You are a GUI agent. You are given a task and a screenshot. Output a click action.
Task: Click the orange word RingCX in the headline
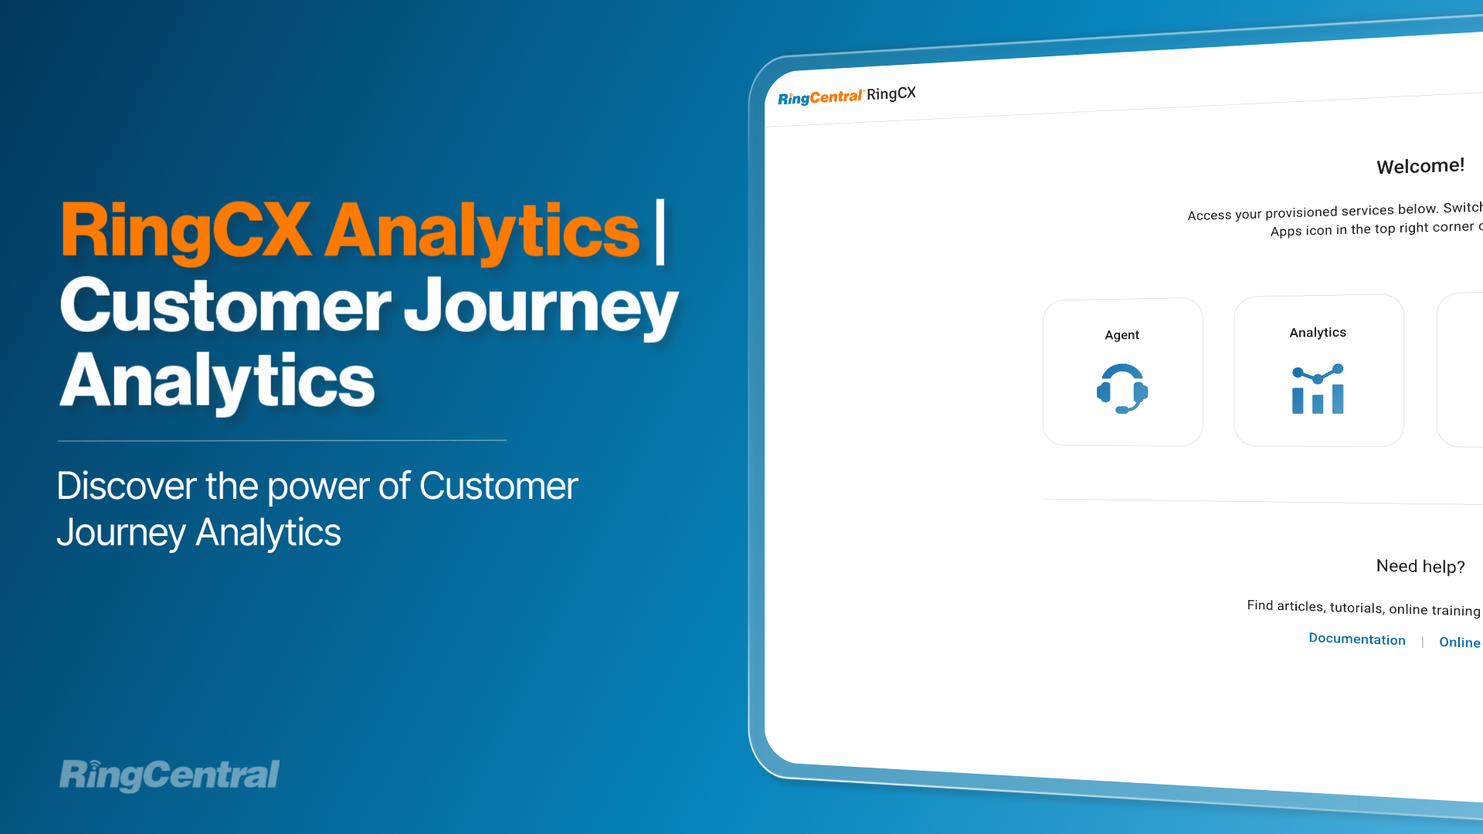[x=186, y=230]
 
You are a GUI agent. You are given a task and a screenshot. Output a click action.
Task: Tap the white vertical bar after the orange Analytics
[x=660, y=232]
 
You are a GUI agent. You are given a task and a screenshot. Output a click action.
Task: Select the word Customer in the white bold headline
[x=226, y=306]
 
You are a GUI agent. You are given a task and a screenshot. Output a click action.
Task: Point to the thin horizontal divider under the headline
[x=282, y=440]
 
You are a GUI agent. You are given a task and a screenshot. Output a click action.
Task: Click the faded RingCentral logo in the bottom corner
[x=169, y=775]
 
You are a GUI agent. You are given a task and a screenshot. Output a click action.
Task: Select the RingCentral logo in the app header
[x=820, y=97]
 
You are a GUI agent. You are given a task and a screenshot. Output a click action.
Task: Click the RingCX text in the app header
[x=891, y=93]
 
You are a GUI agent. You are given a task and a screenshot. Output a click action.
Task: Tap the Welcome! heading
[x=1420, y=166]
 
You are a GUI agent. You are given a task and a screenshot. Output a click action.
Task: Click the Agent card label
[x=1122, y=335]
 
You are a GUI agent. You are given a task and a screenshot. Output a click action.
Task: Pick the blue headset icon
[x=1122, y=388]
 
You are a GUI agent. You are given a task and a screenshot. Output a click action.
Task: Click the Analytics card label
[x=1318, y=333]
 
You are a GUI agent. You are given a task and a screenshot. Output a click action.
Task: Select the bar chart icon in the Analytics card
[x=1318, y=389]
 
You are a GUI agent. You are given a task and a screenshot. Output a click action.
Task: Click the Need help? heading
[x=1420, y=566]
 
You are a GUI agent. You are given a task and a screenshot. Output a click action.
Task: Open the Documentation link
[x=1357, y=639]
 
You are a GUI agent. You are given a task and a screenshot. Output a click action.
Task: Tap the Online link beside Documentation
[x=1460, y=642]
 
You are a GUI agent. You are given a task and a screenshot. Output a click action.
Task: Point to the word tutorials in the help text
[x=1356, y=608]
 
